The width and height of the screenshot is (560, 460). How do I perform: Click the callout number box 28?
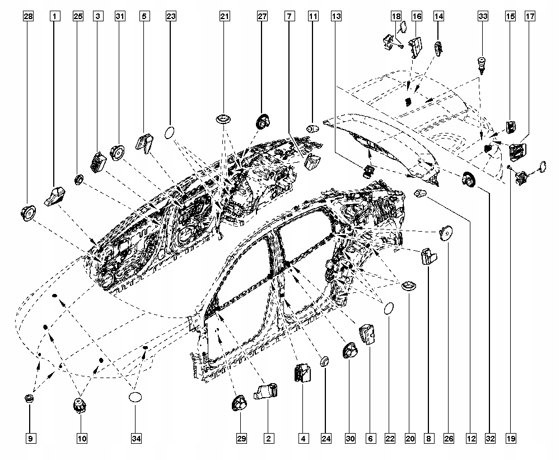(29, 17)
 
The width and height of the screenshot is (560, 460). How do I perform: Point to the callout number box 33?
(483, 17)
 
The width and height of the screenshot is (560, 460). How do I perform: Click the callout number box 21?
(225, 17)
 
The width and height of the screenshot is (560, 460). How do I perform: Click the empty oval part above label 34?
(136, 397)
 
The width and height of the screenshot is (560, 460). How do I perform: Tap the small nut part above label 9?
(30, 399)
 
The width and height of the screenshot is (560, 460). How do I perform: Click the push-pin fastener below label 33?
(481, 62)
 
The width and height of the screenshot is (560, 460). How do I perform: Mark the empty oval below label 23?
(170, 133)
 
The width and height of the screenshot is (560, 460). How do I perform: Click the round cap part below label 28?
(27, 213)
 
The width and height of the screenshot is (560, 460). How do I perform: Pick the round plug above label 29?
(240, 403)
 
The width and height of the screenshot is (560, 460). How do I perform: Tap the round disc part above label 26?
(446, 233)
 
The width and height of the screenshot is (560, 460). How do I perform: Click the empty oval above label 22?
(388, 308)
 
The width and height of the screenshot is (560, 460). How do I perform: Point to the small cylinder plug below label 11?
(312, 129)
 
